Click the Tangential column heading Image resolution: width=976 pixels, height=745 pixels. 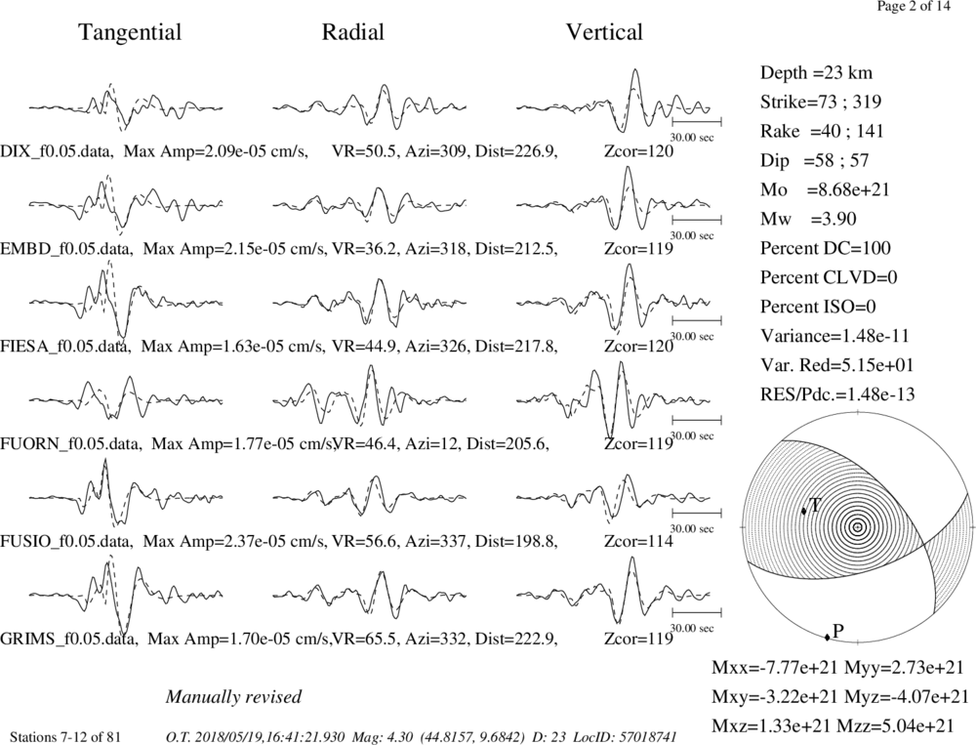click(130, 32)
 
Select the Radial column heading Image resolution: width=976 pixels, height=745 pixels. click(353, 32)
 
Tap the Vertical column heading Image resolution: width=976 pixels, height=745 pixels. click(604, 32)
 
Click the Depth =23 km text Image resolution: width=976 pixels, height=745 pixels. click(816, 73)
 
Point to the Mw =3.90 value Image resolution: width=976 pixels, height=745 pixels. click(808, 220)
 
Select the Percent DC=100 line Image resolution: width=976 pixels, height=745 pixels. click(826, 249)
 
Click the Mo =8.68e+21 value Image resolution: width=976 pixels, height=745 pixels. click(825, 190)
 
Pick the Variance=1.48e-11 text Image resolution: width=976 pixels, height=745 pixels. click(834, 336)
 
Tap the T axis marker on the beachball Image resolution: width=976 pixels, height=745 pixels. click(803, 511)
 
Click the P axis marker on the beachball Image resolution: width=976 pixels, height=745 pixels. click(828, 637)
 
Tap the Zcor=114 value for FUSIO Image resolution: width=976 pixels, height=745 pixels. click(638, 541)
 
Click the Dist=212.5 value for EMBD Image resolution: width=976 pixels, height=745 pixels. click(515, 249)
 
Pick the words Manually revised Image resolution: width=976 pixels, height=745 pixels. click(233, 696)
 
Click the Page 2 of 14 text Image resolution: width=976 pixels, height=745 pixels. click(914, 6)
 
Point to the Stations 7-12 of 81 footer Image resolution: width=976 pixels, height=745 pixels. click(66, 737)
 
